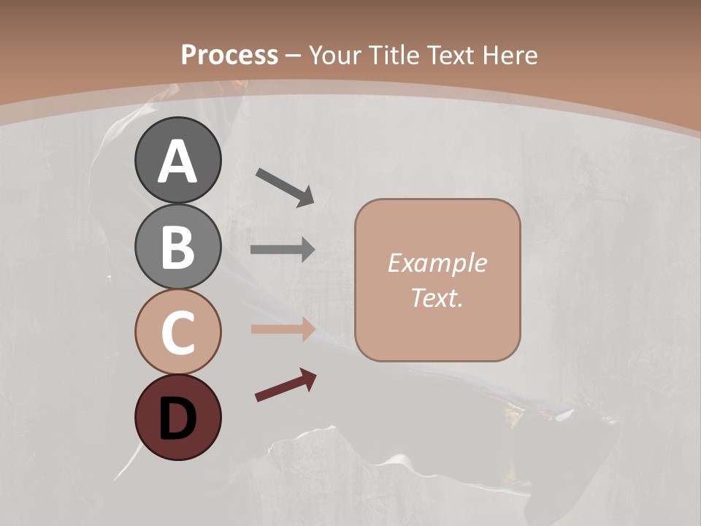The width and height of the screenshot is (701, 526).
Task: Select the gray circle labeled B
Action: click(177, 246)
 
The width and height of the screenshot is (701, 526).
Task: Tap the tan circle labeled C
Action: click(177, 332)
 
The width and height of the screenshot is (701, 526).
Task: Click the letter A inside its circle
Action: click(177, 162)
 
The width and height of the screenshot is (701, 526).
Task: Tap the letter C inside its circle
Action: click(177, 333)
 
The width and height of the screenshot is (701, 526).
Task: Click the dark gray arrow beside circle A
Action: click(284, 186)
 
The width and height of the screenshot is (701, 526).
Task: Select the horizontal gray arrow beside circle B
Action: click(283, 250)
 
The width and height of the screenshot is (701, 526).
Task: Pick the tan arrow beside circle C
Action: click(283, 329)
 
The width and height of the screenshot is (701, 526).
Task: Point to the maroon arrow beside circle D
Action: click(285, 385)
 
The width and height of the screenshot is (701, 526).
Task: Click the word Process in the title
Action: click(229, 55)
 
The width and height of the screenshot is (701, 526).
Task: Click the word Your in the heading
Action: click(336, 55)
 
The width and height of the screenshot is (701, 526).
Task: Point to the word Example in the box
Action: click(437, 263)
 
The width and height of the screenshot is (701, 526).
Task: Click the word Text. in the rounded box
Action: click(437, 297)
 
